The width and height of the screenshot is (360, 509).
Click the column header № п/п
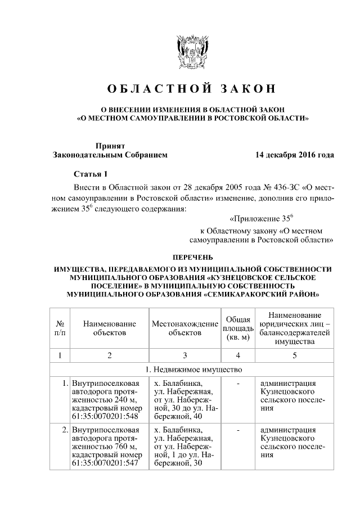[x=60, y=328]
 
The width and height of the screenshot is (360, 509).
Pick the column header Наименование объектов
[x=109, y=328]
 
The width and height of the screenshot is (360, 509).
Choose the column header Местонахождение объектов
[x=184, y=328]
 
